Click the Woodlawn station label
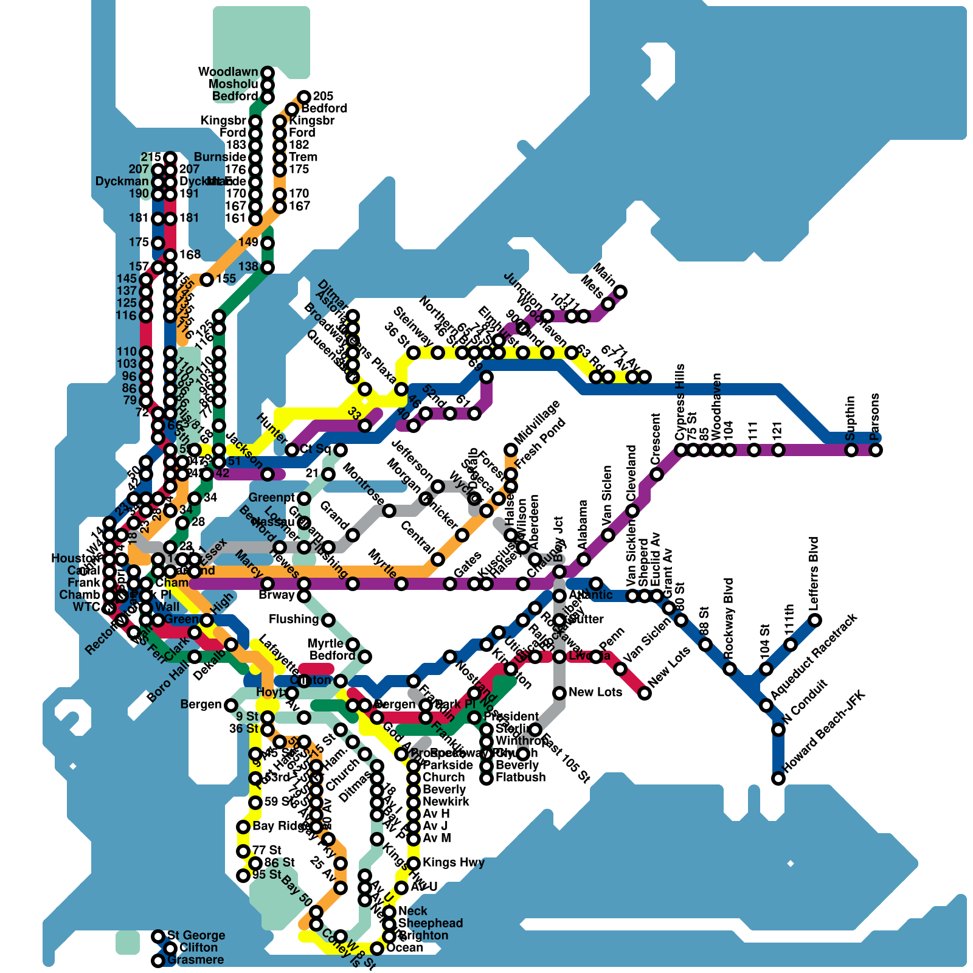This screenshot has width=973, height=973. (228, 72)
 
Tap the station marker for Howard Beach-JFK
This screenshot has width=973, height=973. (778, 778)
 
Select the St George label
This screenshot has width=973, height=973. (196, 935)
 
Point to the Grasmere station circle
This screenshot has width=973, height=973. (158, 961)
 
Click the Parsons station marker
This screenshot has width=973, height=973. (876, 450)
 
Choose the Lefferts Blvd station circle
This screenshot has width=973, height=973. (815, 620)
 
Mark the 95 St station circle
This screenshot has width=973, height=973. (243, 876)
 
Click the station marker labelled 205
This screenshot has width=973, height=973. (304, 97)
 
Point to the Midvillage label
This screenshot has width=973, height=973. (536, 422)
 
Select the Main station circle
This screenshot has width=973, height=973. (620, 292)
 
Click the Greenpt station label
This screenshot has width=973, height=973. (272, 498)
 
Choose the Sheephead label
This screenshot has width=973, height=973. (430, 923)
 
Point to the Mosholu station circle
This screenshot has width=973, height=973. (268, 85)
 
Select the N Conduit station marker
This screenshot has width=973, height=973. (778, 730)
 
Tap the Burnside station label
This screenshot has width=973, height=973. (220, 158)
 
